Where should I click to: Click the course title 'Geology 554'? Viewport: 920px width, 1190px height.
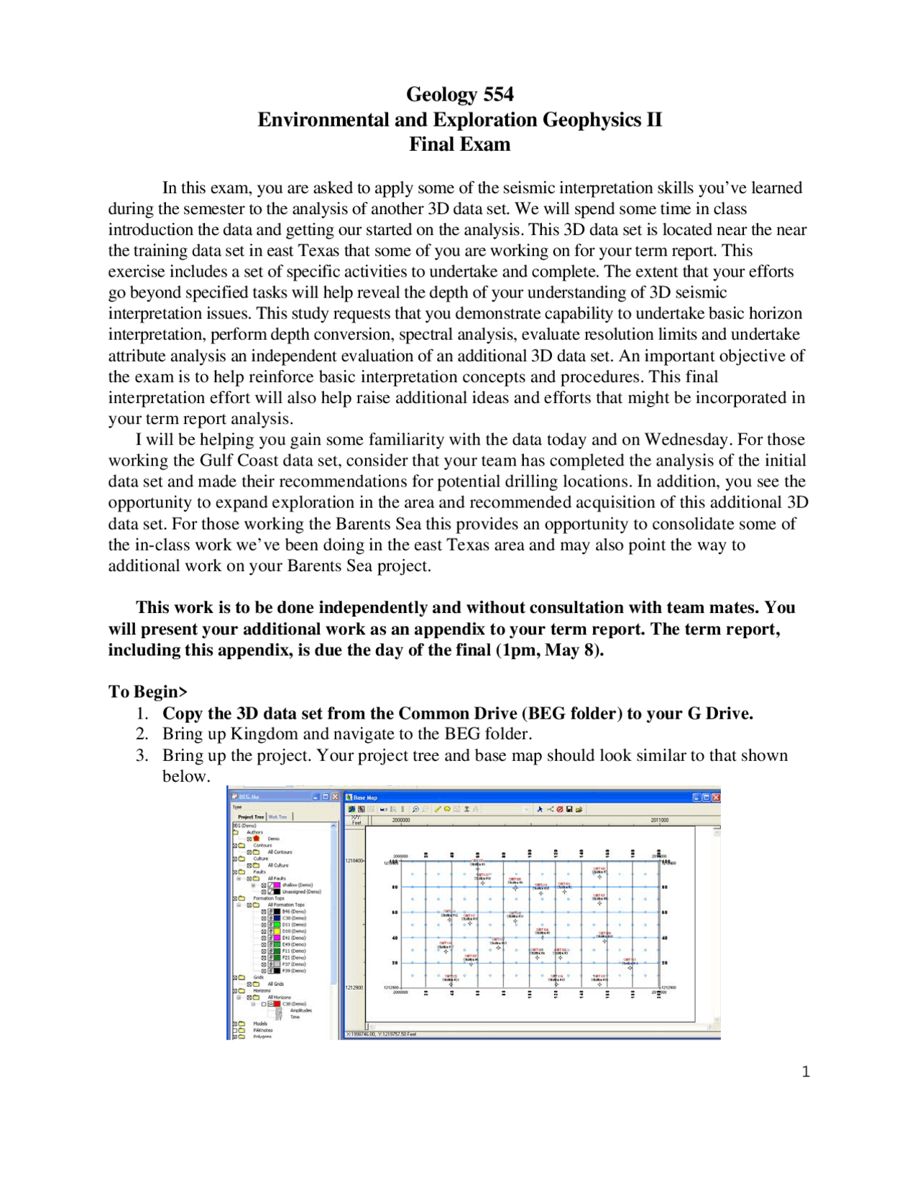coord(459,94)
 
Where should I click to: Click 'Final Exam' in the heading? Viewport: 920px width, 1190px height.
coord(459,144)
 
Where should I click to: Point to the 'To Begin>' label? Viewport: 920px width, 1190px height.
coord(147,691)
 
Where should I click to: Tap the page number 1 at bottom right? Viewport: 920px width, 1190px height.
coord(806,1072)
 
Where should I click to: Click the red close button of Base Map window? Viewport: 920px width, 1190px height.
coord(715,797)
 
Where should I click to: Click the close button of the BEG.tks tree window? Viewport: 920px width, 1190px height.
coord(335,797)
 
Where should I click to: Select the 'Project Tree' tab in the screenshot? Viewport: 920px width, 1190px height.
coord(251,817)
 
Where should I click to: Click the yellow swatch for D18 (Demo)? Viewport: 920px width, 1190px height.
coord(276,931)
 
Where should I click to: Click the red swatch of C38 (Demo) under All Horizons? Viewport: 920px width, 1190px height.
coord(276,1004)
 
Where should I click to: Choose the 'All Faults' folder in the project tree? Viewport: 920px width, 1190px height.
coord(276,878)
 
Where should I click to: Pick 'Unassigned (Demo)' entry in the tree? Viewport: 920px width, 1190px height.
coord(300,892)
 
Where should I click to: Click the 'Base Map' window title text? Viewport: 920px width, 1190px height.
coord(364,798)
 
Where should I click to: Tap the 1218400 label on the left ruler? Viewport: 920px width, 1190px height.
coord(354,860)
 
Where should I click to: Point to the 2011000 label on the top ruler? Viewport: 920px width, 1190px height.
coord(659,820)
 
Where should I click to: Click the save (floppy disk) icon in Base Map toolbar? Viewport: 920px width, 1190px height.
coord(569,809)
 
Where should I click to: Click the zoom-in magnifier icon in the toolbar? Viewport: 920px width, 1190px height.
coord(415,809)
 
